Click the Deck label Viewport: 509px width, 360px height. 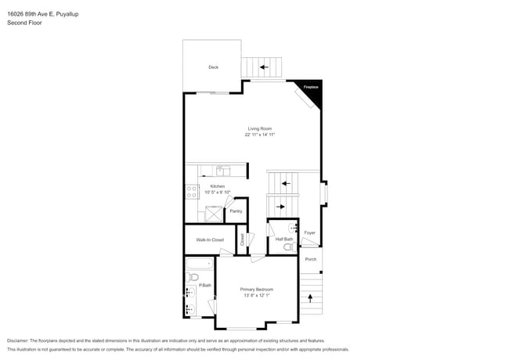pyautogui.click(x=213, y=67)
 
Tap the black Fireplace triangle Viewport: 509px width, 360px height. pyautogui.click(x=312, y=88)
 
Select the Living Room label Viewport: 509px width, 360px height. pyautogui.click(x=259, y=128)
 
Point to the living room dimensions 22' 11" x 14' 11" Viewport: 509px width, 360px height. pyautogui.click(x=259, y=135)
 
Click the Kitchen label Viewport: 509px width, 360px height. pyautogui.click(x=217, y=186)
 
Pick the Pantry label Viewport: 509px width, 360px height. pyautogui.click(x=236, y=211)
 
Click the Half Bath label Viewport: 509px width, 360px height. pyautogui.click(x=283, y=239)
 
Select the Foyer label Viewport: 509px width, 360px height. pyautogui.click(x=310, y=232)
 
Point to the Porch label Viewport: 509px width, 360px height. pyautogui.click(x=310, y=259)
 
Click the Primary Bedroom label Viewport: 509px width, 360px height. pyautogui.click(x=256, y=290)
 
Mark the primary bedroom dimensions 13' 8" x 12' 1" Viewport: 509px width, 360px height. pyautogui.click(x=256, y=296)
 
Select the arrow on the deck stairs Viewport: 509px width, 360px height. pyautogui.click(x=264, y=67)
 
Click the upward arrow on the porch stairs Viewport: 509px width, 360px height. pyautogui.click(x=310, y=298)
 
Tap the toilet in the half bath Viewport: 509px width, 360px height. pyautogui.click(x=288, y=247)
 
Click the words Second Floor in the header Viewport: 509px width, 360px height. pyautogui.click(x=24, y=23)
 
